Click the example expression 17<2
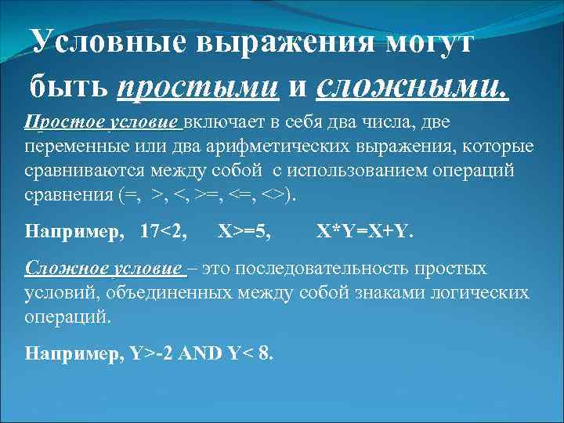164,233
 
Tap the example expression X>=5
245,233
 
